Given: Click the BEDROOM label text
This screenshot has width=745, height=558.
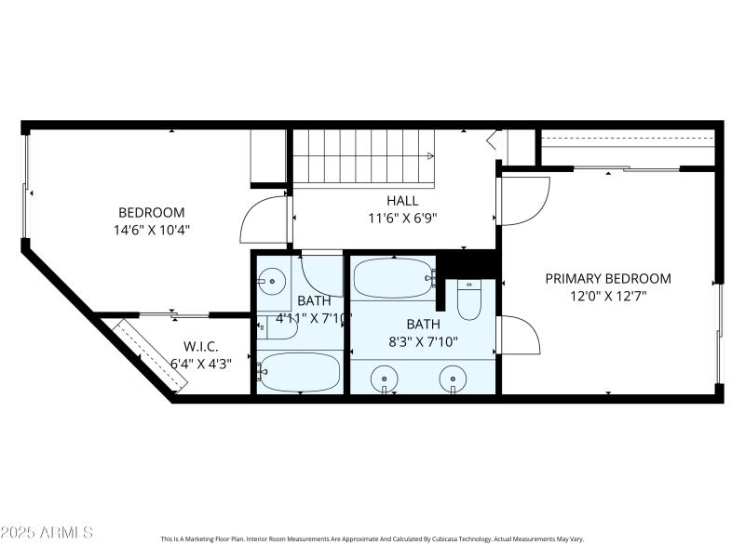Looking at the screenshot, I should point(151,212).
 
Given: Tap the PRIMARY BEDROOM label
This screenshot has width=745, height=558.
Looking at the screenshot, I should point(608,278).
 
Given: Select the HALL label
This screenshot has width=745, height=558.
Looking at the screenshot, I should point(402,200).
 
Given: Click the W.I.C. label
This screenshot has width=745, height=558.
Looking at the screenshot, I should point(201,346).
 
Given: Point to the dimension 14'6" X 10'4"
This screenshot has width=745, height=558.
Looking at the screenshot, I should point(151,229).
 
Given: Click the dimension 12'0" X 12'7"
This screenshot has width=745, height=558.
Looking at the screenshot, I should point(608,296).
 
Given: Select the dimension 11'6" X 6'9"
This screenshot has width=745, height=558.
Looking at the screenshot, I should point(402,218).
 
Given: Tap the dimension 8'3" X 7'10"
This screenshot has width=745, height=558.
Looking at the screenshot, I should point(422,340).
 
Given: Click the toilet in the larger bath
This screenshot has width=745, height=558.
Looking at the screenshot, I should point(469,299).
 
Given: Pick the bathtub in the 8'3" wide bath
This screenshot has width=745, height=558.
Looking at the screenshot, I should point(394,276).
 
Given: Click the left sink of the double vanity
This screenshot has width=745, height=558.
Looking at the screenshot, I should point(383,378).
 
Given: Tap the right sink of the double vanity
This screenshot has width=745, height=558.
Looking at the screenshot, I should point(454,378).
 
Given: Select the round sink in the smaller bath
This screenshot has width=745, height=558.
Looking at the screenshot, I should point(271,279).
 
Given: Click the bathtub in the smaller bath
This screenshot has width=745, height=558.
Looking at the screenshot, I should point(299,373).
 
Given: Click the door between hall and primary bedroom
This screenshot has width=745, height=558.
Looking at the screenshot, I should point(523,199).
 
